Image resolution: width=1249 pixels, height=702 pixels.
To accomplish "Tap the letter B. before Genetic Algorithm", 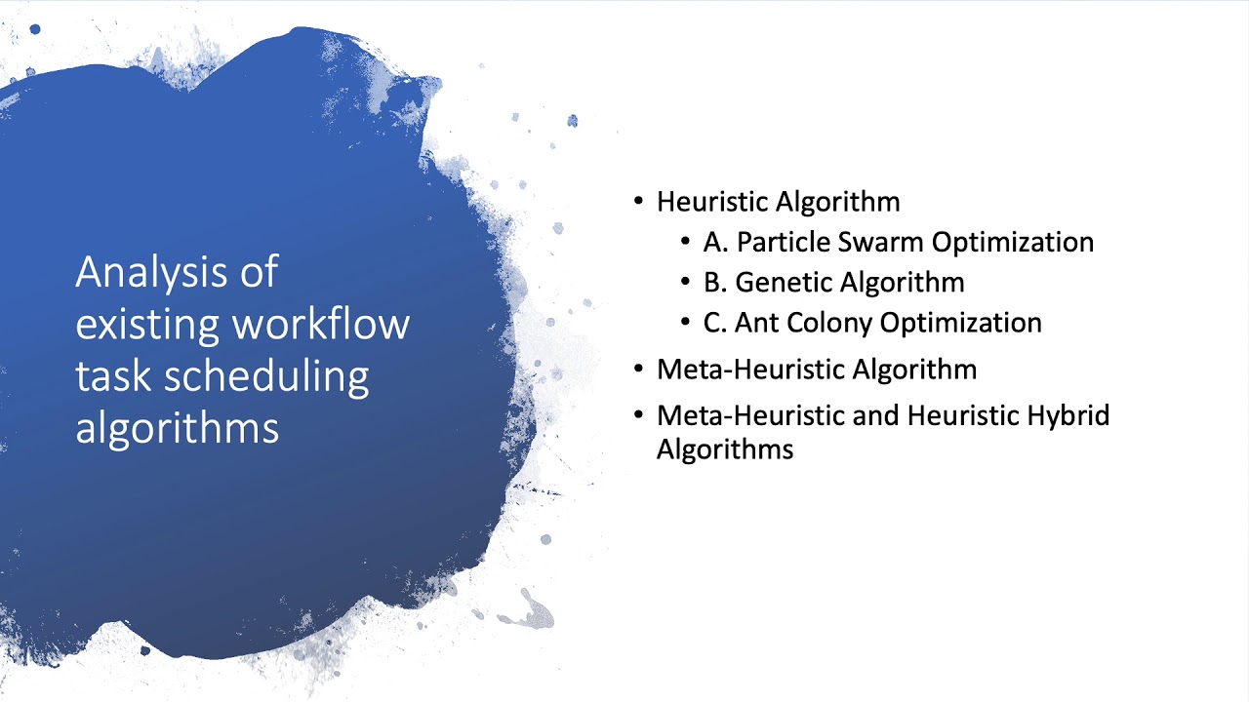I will tap(714, 283).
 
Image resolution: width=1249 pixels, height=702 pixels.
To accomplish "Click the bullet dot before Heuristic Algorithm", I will tap(639, 202).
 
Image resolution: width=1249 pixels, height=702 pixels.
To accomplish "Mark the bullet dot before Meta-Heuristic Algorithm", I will tap(639, 370).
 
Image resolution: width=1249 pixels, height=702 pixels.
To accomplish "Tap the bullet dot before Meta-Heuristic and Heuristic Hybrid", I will tap(639, 415).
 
